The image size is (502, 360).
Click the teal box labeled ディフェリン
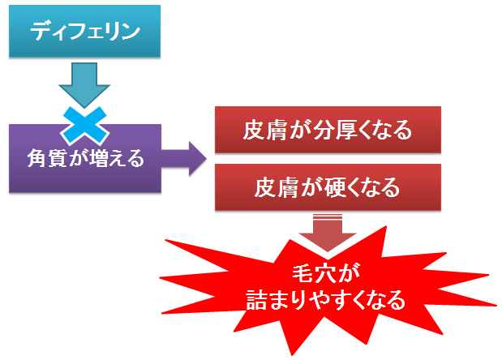84,31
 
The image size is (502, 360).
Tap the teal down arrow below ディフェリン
84,85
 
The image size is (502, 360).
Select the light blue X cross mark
85,126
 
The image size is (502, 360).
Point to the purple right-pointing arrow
184,158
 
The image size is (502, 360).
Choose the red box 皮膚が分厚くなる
328,130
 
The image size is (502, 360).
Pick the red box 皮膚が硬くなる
328,187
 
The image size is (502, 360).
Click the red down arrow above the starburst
328,233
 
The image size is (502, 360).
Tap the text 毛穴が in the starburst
326,274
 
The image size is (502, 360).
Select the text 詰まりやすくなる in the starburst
325,300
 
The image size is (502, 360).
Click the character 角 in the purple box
37,158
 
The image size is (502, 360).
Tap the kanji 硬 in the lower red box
335,187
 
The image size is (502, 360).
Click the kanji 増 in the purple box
100,158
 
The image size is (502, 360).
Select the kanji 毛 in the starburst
302,273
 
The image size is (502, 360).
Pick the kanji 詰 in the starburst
256,300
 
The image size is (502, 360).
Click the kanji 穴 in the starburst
325,273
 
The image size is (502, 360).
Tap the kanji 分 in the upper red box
324,130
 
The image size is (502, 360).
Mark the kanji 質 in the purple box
58,158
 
